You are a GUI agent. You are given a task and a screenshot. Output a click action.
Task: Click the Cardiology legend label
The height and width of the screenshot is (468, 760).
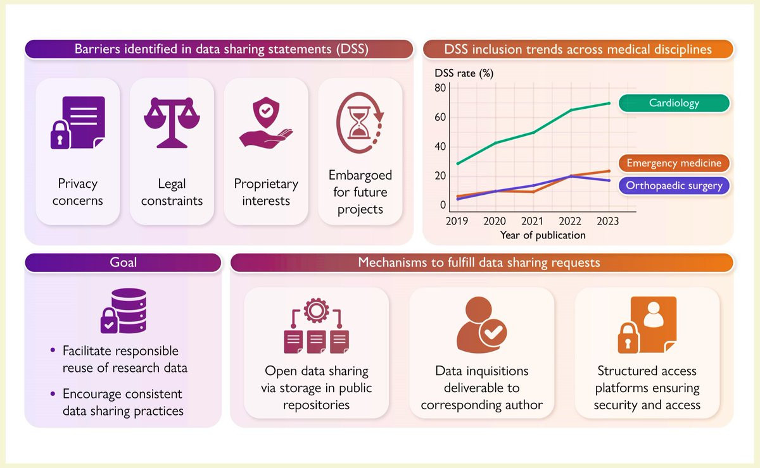click(674, 103)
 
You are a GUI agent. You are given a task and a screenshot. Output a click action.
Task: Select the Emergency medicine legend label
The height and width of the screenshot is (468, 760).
click(674, 163)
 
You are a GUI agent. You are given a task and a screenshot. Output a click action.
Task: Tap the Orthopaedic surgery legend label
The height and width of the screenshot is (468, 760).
click(674, 185)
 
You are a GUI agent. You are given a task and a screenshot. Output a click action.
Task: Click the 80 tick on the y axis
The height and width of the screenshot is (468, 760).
click(440, 87)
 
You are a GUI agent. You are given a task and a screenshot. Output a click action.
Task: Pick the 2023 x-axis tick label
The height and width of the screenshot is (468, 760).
click(608, 221)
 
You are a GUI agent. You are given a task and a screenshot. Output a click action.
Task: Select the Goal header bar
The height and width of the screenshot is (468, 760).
click(123, 262)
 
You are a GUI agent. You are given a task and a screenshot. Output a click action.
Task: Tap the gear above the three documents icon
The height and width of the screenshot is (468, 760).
click(315, 312)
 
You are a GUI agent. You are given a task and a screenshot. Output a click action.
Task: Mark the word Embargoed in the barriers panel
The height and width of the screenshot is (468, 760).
click(360, 175)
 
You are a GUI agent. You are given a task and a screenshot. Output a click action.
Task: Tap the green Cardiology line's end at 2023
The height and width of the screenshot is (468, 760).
click(608, 103)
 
